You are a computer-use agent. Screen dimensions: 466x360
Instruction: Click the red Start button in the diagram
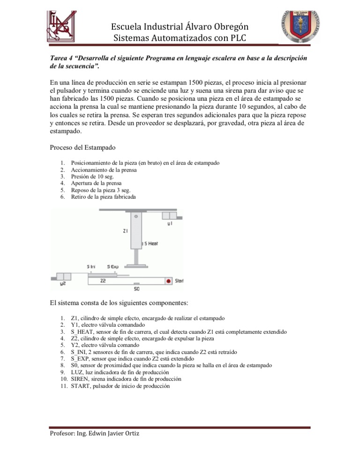click(x=167, y=281)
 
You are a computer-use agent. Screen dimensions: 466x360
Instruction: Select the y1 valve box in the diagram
click(x=169, y=216)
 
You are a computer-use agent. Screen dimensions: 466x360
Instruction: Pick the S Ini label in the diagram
click(x=92, y=267)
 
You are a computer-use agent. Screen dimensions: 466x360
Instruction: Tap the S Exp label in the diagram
click(x=113, y=267)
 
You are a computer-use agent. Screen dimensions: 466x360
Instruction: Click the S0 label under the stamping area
click(x=136, y=289)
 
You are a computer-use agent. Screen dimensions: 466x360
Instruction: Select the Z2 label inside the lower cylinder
click(x=103, y=281)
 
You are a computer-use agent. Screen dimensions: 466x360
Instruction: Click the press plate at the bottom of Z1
click(x=136, y=266)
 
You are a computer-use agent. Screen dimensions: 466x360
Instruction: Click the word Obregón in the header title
click(x=226, y=26)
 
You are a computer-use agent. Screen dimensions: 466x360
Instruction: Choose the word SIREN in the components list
click(x=80, y=378)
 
